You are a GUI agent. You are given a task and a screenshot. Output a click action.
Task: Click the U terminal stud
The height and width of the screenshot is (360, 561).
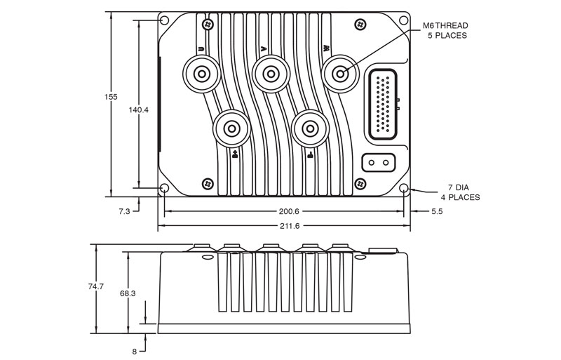201,73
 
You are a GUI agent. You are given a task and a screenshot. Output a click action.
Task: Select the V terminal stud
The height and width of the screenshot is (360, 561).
270,73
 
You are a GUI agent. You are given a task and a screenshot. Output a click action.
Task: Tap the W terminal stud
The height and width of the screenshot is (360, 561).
341,73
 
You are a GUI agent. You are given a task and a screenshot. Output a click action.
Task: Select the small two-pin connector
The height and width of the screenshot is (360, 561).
378,163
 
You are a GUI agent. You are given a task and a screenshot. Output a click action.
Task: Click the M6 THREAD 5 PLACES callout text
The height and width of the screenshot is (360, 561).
445,30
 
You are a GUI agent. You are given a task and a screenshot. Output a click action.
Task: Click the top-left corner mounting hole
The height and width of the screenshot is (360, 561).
165,21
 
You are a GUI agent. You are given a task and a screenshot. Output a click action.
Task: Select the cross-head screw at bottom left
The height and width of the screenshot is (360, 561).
208,183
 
